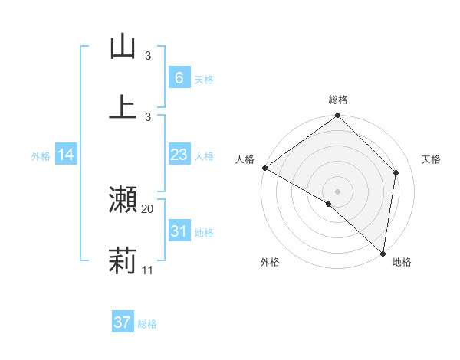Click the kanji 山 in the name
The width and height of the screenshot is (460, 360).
pyautogui.click(x=123, y=47)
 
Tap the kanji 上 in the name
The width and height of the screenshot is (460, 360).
pyautogui.click(x=123, y=107)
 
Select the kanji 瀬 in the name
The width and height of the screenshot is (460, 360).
pyautogui.click(x=123, y=200)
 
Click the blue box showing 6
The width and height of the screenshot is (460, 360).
pyautogui.click(x=179, y=77)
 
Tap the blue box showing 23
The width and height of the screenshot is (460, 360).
pyautogui.click(x=179, y=155)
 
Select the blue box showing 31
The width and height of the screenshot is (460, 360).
pyautogui.click(x=179, y=231)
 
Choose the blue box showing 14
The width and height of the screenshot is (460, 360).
pyautogui.click(x=66, y=155)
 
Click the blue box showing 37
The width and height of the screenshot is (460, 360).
pyautogui.click(x=122, y=322)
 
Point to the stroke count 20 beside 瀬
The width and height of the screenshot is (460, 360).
pyautogui.click(x=148, y=208)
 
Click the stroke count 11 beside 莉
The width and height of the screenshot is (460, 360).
pyautogui.click(x=148, y=270)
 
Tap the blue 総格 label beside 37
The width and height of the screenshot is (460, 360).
pyautogui.click(x=147, y=324)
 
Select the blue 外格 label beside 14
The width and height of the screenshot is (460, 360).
pyautogui.click(x=41, y=155)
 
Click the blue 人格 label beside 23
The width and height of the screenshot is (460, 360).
pyautogui.click(x=204, y=155)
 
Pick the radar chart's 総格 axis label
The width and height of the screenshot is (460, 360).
pyautogui.click(x=338, y=100)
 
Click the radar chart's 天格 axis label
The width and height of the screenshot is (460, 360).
pyautogui.click(x=432, y=159)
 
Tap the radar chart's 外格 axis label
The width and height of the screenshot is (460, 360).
pyautogui.click(x=269, y=263)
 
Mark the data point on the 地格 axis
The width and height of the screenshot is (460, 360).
pyautogui.click(x=383, y=253)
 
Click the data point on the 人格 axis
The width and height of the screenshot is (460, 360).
pyautogui.click(x=264, y=168)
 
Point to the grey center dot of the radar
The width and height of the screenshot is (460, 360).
pyautogui.click(x=337, y=191)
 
